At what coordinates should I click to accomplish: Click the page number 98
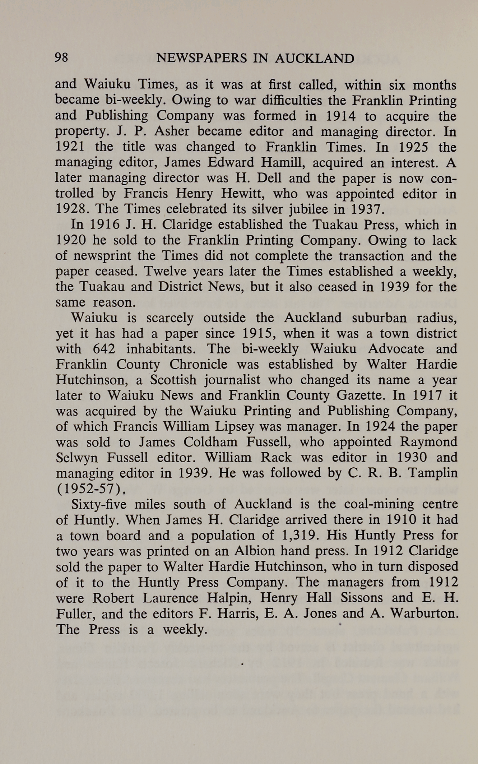pos(61,57)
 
